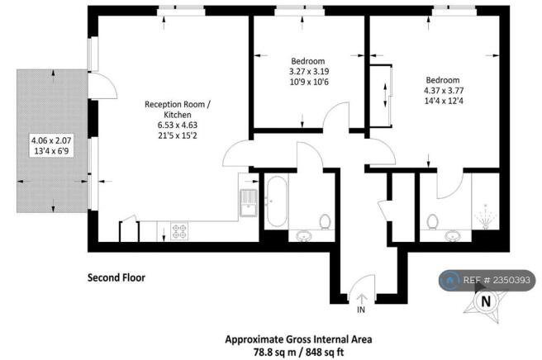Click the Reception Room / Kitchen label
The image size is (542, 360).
tap(178, 109)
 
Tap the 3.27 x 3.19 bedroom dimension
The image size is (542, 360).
tap(309, 72)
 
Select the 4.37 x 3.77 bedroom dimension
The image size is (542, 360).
tap(444, 91)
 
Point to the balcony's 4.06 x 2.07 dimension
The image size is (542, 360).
tap(51, 140)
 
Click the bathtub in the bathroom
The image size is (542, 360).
tap(277, 201)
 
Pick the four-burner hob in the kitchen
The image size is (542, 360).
tap(179, 231)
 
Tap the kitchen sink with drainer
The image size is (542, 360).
tap(249, 203)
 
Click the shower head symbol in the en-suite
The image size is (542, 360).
tap(486, 216)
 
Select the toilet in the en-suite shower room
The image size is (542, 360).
tap(432, 221)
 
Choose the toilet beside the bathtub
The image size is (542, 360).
tap(325, 221)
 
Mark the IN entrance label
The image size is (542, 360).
tap(361, 310)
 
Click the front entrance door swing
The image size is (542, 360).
tap(362, 284)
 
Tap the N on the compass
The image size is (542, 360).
tap(486, 301)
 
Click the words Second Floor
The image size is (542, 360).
tap(116, 277)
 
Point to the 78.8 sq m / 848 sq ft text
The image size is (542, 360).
tap(298, 352)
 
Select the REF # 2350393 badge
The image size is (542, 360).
tap(487, 280)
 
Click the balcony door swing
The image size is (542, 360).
tap(102, 86)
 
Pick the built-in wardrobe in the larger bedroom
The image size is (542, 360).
tap(381, 96)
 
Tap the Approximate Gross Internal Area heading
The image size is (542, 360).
tap(298, 339)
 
